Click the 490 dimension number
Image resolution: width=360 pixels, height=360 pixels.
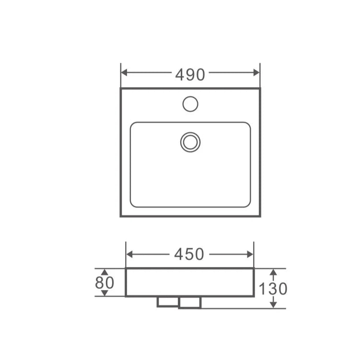click(x=190, y=74)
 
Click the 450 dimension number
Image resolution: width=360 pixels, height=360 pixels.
click(x=189, y=255)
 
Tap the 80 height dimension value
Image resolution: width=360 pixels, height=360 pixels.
click(x=105, y=283)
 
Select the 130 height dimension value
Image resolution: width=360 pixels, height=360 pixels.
click(x=273, y=289)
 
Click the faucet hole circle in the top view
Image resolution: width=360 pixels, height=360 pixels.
click(x=190, y=104)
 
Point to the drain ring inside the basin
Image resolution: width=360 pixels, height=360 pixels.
click(x=190, y=142)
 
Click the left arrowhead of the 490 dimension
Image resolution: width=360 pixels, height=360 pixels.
click(x=124, y=73)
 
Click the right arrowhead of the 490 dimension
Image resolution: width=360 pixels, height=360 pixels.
click(x=256, y=73)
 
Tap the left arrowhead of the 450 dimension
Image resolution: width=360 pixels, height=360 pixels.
click(x=129, y=254)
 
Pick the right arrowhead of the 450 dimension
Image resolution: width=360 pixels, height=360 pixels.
click(x=250, y=254)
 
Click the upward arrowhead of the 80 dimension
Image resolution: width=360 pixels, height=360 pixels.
click(x=105, y=272)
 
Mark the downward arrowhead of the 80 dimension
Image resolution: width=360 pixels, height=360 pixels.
click(x=105, y=293)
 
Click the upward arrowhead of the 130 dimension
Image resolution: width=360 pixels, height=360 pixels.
click(x=273, y=272)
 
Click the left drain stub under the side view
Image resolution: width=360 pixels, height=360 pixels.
click(x=167, y=302)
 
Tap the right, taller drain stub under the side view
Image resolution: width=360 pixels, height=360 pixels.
click(x=190, y=302)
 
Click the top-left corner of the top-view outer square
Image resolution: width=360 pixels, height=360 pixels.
click(x=121, y=89)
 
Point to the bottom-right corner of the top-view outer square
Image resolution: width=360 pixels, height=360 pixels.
click(x=260, y=216)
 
